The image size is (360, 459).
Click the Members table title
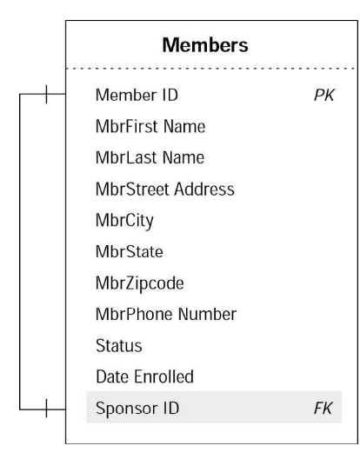point(205,45)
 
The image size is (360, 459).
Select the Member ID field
point(137,95)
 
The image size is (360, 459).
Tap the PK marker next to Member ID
point(324,95)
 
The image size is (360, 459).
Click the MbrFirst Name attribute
point(150,126)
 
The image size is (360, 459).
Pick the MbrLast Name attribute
point(150,157)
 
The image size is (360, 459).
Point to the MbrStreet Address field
point(165,189)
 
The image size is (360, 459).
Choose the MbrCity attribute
point(124,221)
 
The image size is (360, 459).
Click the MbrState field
point(130,251)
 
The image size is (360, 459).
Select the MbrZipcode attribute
point(140,283)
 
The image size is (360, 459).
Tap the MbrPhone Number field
point(166,314)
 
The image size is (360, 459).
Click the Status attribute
point(119,345)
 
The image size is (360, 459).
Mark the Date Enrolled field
point(144,376)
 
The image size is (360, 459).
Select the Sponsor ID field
point(137,408)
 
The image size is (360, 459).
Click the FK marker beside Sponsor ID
point(323,408)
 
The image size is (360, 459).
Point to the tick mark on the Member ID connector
point(46,94)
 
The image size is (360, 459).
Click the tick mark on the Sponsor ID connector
point(46,408)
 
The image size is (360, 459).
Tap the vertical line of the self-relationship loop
point(20,252)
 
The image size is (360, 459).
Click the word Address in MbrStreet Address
point(204,189)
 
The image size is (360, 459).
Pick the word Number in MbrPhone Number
point(207,314)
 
